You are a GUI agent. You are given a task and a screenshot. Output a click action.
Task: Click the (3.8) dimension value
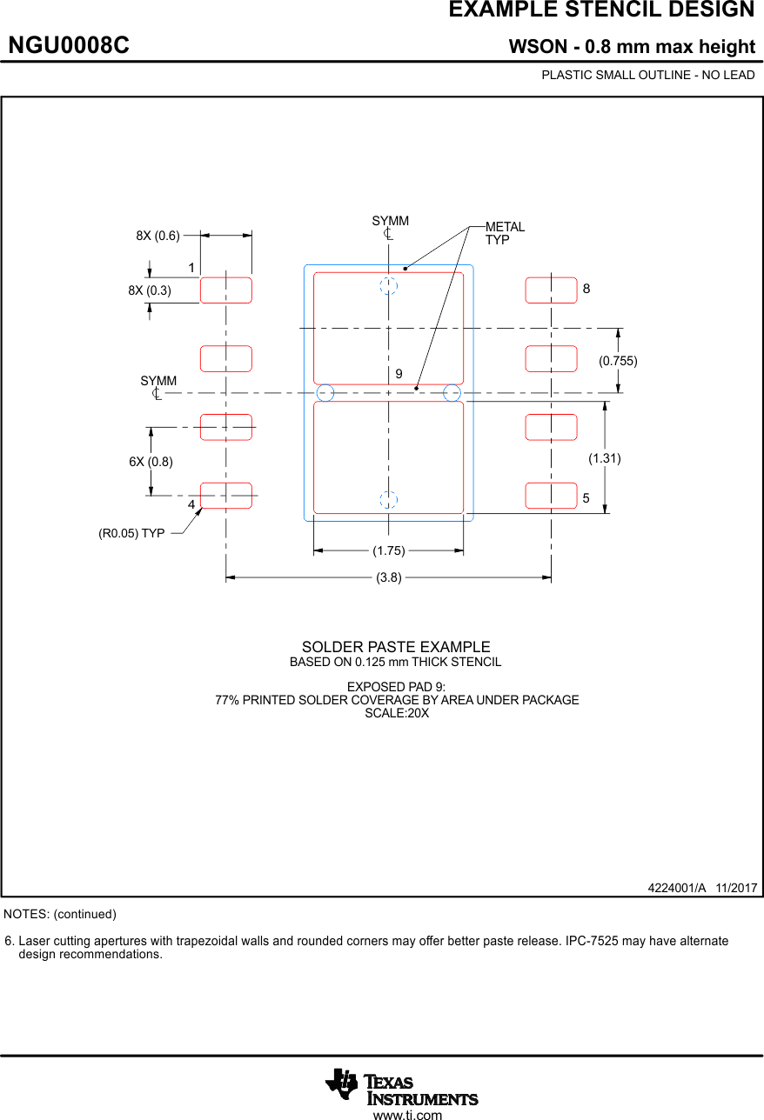389,577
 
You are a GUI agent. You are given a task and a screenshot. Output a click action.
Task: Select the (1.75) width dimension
388,550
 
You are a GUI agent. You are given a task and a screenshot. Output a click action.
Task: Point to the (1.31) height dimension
605,457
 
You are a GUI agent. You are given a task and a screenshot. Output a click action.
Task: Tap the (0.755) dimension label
618,360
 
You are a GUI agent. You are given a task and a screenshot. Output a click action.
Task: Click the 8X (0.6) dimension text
157,235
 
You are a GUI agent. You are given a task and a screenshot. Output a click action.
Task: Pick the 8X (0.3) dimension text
150,290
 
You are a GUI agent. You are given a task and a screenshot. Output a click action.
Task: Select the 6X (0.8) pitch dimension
151,462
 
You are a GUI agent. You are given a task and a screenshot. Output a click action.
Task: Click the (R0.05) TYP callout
131,533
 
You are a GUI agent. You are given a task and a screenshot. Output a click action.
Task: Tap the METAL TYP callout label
505,233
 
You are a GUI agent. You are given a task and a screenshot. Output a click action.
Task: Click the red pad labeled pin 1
226,290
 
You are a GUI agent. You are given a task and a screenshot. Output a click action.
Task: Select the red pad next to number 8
551,290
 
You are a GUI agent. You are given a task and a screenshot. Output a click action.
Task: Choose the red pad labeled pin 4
226,496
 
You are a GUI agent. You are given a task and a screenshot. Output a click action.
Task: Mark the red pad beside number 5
551,496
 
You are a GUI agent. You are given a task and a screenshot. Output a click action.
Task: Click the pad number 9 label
399,373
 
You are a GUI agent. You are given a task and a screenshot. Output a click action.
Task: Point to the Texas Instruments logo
401,1087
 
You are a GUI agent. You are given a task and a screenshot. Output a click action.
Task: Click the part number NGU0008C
69,46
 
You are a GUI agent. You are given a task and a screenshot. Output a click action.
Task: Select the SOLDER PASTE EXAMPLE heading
396,647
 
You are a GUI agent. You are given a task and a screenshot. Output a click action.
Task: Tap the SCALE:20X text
397,713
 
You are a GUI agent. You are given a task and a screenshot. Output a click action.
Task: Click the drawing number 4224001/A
676,888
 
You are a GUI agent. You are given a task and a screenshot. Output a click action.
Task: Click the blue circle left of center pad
325,392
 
